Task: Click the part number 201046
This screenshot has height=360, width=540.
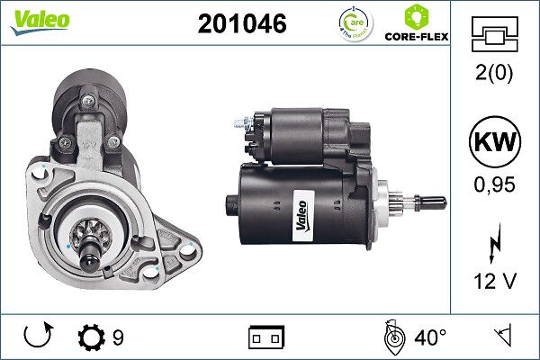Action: coord(242,24)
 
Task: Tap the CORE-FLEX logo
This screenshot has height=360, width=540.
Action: coord(416,25)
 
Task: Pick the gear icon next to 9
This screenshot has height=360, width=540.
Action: coord(92,337)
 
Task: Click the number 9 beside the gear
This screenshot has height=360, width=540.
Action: coord(118,337)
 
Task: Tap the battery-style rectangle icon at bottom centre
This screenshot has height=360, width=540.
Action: coord(266,337)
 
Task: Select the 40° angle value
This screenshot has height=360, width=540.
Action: coord(431,337)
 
